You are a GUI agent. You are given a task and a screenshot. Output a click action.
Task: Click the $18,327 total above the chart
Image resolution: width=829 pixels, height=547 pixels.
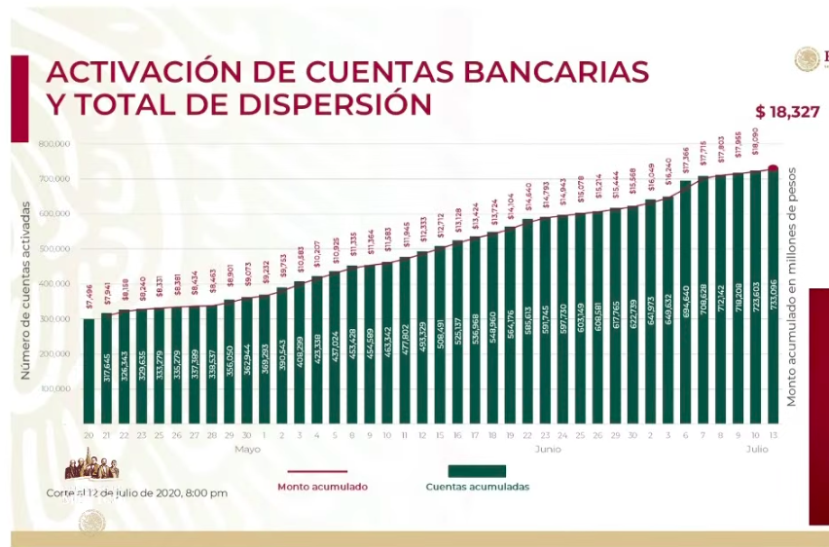(x=790, y=112)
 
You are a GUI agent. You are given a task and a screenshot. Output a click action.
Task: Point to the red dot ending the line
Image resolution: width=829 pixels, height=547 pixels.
(x=774, y=169)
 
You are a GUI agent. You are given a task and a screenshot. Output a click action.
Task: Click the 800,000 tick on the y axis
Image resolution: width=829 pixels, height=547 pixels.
(x=54, y=144)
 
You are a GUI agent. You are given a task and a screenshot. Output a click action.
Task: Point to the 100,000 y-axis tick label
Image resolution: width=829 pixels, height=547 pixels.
(x=54, y=389)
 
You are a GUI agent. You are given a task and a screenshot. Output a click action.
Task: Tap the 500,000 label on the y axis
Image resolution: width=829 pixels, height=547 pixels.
(x=54, y=249)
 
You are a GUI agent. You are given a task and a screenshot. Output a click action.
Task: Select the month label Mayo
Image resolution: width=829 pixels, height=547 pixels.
(x=247, y=450)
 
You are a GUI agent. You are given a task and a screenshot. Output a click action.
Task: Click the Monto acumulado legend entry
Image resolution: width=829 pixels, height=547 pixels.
(x=322, y=487)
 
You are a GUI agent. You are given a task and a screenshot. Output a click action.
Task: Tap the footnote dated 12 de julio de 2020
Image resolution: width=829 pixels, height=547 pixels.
(x=136, y=492)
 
